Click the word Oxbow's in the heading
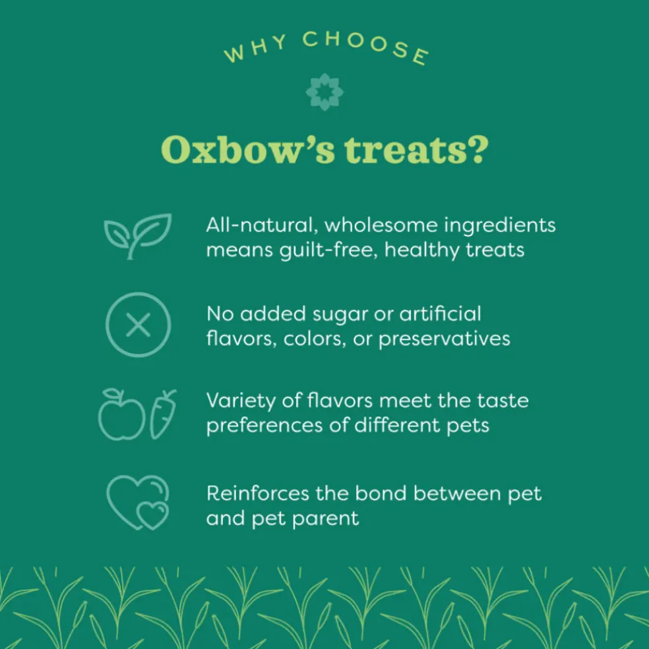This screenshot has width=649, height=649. [247, 150]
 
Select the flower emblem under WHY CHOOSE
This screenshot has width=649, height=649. [324, 92]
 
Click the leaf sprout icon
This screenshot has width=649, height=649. [137, 236]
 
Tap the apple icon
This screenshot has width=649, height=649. [121, 414]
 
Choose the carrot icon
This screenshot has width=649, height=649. [163, 414]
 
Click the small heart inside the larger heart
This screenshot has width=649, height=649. [152, 516]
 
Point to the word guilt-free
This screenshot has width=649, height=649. [328, 251]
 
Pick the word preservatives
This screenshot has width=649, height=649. [445, 340]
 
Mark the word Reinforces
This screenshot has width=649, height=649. [257, 493]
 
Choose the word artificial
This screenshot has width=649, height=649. [440, 314]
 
